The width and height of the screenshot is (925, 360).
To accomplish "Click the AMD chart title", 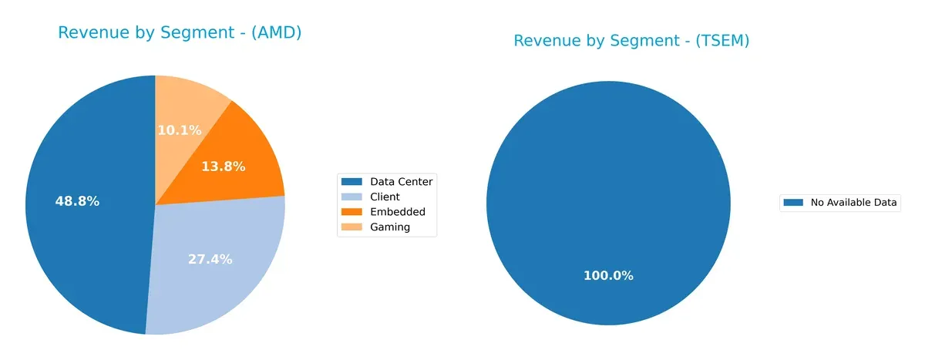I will [180, 33].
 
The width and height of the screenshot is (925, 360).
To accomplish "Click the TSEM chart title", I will [631, 41].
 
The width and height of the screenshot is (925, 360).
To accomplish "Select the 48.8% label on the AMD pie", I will [77, 201].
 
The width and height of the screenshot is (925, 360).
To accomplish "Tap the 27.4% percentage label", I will [210, 259].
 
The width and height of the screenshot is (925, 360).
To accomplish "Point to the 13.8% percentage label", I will [223, 166].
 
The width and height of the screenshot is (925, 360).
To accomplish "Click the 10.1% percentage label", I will [180, 130].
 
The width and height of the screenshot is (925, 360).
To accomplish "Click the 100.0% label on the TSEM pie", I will [607, 275].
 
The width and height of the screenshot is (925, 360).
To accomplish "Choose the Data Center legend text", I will [402, 181].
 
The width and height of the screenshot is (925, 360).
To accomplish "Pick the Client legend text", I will [385, 197].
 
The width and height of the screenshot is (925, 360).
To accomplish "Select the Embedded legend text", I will [397, 211].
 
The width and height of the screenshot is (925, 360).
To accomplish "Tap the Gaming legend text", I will [390, 227].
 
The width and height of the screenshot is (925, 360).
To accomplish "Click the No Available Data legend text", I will [853, 203].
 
